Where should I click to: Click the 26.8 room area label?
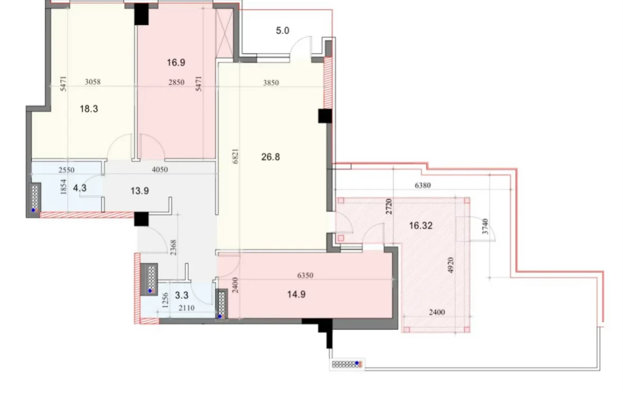click(270, 157)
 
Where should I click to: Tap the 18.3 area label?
click(89, 109)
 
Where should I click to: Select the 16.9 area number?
click(176, 63)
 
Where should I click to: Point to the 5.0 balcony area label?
click(283, 31)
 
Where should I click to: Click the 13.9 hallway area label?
click(140, 191)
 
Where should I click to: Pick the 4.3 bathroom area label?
click(80, 188)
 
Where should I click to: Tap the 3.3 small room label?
click(182, 295)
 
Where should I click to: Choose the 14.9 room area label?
click(296, 294)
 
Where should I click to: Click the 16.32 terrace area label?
click(421, 226)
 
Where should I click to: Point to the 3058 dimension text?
click(93, 82)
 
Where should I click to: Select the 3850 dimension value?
click(271, 83)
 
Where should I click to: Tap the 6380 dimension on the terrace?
click(423, 185)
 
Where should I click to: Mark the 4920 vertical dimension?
click(450, 265)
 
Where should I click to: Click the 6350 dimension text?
click(305, 275)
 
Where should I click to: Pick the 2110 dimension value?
click(186, 308)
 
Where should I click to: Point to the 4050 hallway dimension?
click(160, 170)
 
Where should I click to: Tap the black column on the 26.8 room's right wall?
click(325, 116)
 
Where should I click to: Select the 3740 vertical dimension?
click(485, 227)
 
